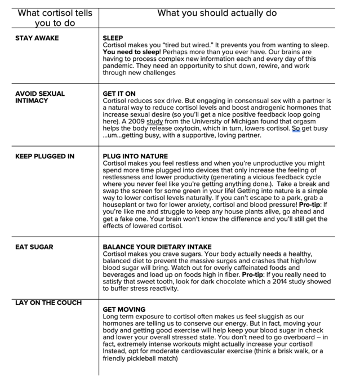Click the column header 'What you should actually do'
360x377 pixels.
(217, 13)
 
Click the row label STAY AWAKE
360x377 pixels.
(37, 38)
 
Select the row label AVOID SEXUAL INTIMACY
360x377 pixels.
(40, 97)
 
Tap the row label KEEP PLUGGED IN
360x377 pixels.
(45, 156)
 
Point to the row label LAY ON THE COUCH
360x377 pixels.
(48, 303)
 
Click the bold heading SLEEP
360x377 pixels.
(113, 38)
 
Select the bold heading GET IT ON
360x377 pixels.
(119, 94)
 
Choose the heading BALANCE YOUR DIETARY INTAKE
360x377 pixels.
(157, 247)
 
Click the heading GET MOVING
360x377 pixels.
(124, 309)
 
